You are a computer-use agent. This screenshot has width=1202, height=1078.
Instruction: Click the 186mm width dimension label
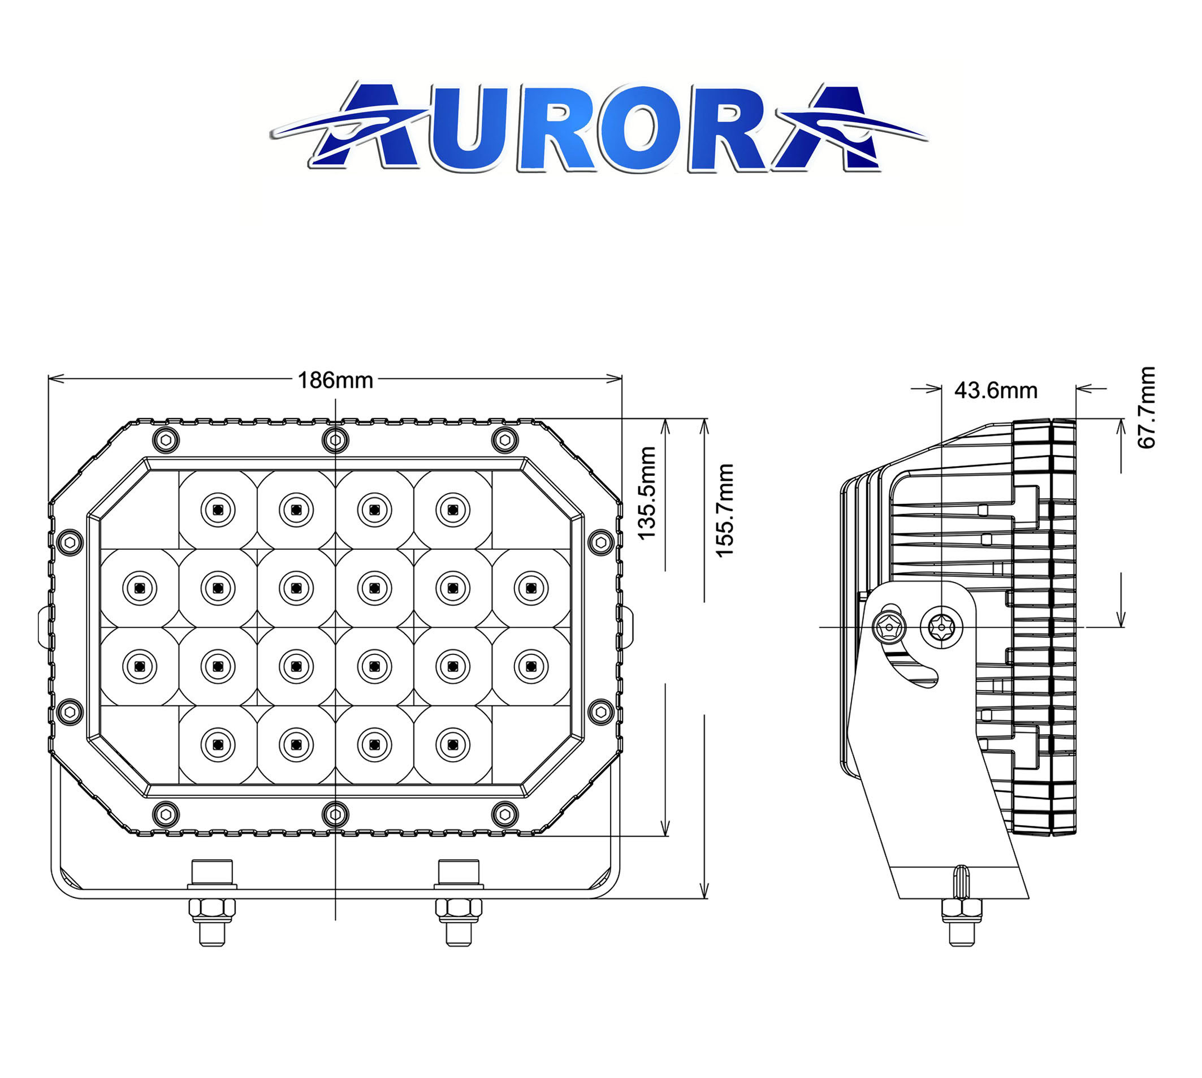335,380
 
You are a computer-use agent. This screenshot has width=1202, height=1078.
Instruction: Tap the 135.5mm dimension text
647,493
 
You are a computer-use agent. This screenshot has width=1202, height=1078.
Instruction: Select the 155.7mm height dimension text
725,510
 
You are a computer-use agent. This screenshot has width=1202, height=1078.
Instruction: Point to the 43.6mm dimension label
996,390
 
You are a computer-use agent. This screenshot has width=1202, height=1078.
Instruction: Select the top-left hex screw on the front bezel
166,439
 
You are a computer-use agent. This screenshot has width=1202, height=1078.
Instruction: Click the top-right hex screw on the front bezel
504,439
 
